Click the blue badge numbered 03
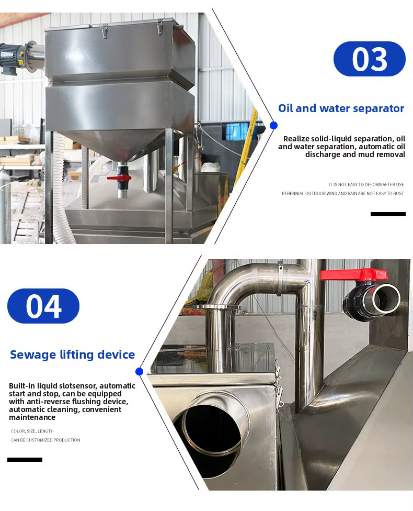[x=370, y=59]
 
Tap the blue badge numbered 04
[x=43, y=306]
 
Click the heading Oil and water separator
[x=341, y=108]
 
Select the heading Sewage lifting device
[x=72, y=354]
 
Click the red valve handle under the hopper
[x=119, y=178]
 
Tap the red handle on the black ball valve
[x=353, y=274]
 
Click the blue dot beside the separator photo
[x=274, y=126]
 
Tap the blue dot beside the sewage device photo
[x=139, y=372]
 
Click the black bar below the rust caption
[x=388, y=214]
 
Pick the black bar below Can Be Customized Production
[x=25, y=460]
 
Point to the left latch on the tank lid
[x=105, y=31]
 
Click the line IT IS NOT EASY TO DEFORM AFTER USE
[x=366, y=184]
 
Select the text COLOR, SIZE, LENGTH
[x=32, y=431]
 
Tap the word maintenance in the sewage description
[x=32, y=417]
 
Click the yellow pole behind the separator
[x=246, y=147]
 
